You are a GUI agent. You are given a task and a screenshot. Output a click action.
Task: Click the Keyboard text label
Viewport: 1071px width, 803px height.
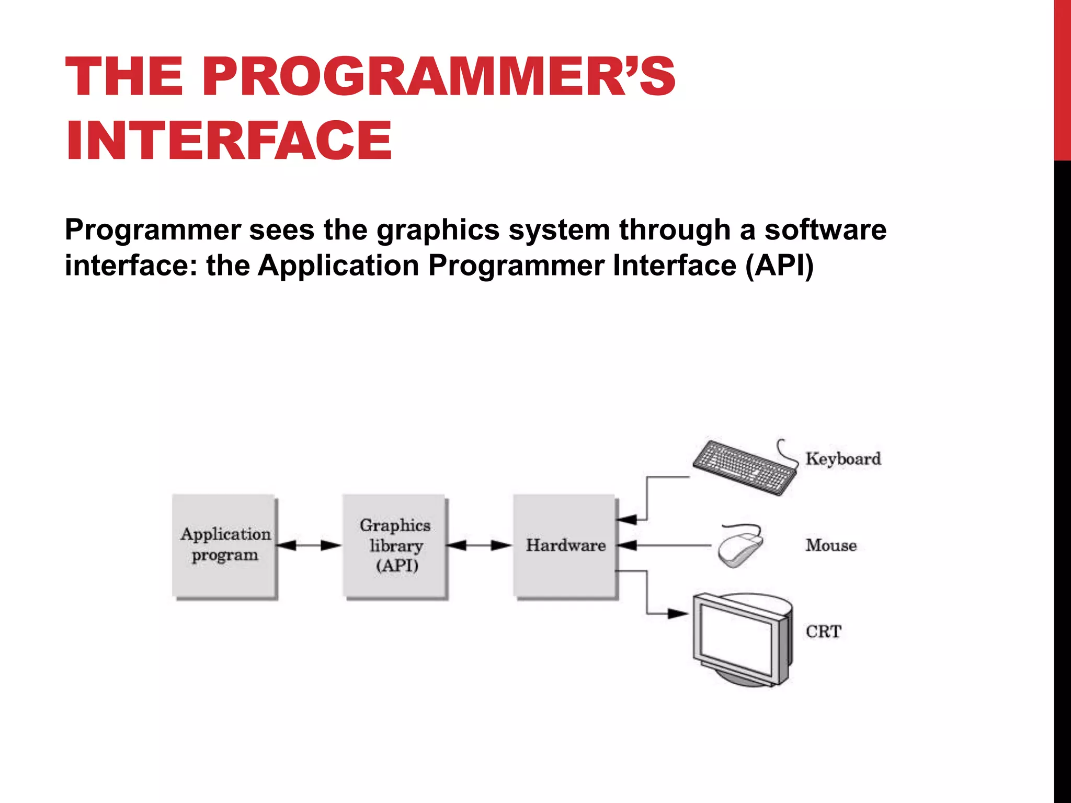843,459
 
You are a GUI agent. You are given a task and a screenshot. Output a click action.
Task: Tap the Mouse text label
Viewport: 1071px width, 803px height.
831,545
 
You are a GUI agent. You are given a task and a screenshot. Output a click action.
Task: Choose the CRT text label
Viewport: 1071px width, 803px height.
823,632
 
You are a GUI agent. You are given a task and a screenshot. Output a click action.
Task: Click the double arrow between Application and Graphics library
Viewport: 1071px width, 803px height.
309,545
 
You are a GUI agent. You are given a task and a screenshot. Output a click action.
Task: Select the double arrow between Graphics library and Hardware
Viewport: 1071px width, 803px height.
479,545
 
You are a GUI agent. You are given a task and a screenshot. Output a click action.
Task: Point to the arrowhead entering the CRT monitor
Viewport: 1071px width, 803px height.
678,613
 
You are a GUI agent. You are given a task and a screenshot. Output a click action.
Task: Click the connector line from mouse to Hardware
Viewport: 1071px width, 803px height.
675,545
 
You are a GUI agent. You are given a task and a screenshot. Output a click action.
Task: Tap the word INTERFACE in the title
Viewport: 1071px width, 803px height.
229,140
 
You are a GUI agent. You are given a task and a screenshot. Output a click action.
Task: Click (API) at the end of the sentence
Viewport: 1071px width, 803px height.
779,266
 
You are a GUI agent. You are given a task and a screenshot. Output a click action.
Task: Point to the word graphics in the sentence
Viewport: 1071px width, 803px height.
438,230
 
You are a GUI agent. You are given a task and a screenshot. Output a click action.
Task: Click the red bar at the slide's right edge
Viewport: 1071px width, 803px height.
1062,78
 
